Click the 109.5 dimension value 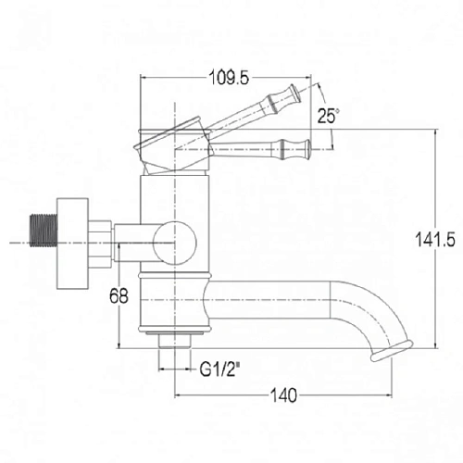229,77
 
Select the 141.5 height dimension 435,239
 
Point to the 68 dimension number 119,296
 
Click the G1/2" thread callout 220,369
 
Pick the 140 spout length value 283,395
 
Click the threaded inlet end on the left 44,231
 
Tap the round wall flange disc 72,244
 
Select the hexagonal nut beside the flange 100,244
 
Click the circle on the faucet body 175,244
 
